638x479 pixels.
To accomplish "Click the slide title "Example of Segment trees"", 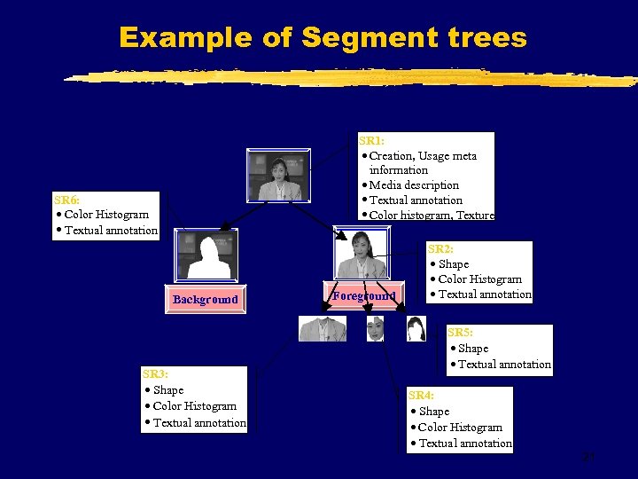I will [323, 37].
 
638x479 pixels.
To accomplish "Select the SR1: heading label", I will [371, 140].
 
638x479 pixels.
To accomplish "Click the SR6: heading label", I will [66, 200].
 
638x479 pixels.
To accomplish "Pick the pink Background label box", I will [206, 300].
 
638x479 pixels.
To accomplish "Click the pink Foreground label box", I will [364, 295].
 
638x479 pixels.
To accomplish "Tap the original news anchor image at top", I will [279, 176].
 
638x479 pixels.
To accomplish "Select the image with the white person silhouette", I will [206, 256].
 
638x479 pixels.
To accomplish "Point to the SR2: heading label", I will [440, 248].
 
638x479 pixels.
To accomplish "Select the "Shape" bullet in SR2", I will [453, 263].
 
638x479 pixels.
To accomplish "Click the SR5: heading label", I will [460, 333].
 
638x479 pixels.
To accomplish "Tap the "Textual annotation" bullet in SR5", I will [503, 364].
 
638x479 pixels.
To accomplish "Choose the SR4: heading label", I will [421, 395].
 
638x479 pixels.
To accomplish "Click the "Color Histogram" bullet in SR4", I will [460, 427].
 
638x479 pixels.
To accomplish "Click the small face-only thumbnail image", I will [376, 329].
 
